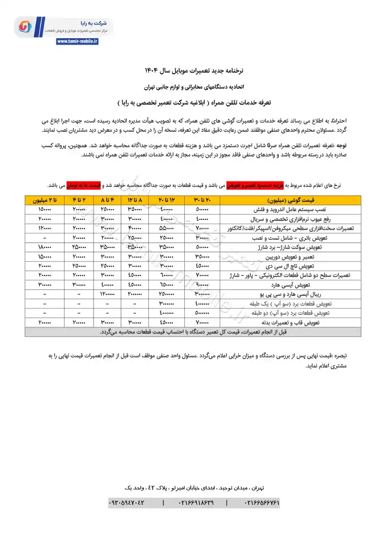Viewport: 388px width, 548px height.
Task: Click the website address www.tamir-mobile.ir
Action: (x=77, y=42)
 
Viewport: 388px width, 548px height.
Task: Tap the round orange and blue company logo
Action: (x=25, y=27)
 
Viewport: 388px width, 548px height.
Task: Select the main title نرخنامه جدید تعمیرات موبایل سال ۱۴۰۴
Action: (x=194, y=71)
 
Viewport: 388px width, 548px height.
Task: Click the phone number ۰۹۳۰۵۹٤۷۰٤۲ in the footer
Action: (x=127, y=503)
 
